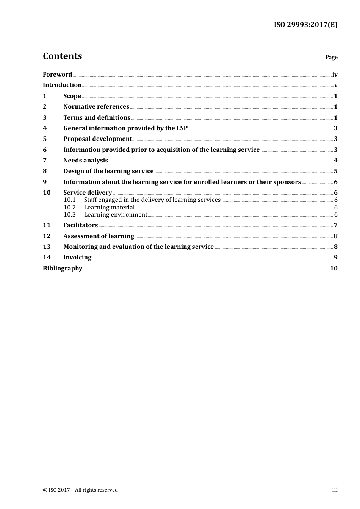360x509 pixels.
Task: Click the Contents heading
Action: [62, 56]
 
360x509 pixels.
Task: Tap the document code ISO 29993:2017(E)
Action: [305, 25]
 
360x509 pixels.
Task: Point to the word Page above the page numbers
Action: [331, 57]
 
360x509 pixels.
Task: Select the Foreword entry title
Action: [57, 74]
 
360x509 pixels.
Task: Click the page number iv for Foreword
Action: [335, 74]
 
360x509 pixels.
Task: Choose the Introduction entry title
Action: [62, 85]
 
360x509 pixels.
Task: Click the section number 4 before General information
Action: [45, 128]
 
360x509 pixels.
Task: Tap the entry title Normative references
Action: [96, 106]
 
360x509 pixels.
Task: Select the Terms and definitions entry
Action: [97, 117]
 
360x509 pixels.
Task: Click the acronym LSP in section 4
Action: [182, 128]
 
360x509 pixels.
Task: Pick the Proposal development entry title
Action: [97, 139]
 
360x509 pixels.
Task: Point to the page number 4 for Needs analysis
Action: [335, 160]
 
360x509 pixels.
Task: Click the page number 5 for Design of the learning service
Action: [335, 171]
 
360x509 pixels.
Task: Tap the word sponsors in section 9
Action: [286, 182]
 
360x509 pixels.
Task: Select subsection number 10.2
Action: [69, 207]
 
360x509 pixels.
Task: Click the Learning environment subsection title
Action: [116, 214]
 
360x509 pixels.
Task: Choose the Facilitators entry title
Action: [80, 225]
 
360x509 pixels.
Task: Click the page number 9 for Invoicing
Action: [335, 257]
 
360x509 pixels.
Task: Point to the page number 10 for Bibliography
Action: [333, 268]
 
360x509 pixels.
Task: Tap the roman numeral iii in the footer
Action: [335, 490]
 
